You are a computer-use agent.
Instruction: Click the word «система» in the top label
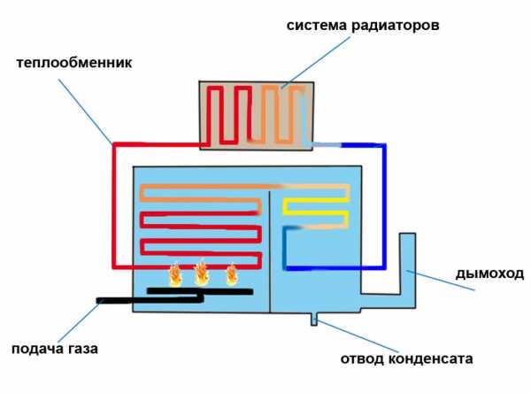click(317, 26)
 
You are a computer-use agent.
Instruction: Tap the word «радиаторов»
click(396, 26)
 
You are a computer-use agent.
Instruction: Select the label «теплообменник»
click(74, 63)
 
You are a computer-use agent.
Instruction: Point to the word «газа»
click(82, 349)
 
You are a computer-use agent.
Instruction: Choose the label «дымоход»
click(489, 274)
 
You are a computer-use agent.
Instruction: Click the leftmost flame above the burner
click(175, 274)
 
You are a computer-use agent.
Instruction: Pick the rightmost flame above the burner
click(232, 274)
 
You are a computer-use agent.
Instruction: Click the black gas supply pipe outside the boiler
click(115, 300)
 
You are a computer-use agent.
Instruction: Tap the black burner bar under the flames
click(200, 291)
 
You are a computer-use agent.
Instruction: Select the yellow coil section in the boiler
click(316, 206)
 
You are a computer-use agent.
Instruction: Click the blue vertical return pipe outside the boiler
click(384, 206)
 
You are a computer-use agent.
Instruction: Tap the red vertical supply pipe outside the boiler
click(114, 205)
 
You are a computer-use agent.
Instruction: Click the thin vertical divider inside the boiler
click(270, 251)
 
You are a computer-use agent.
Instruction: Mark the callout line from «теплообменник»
click(85, 112)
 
